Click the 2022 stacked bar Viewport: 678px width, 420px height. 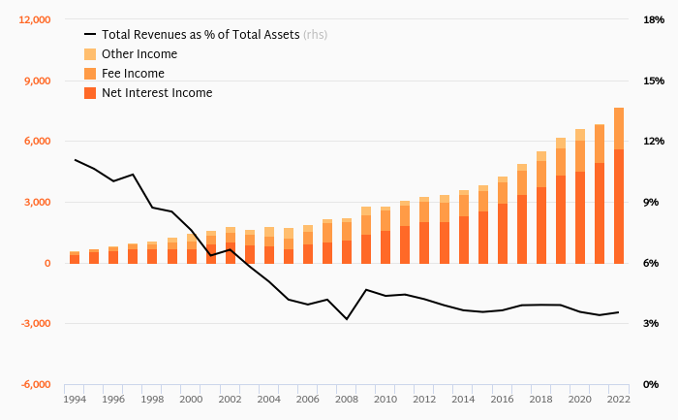[619, 185]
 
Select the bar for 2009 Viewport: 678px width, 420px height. [366, 235]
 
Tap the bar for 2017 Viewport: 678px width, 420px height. [522, 213]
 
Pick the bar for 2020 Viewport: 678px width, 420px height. [580, 196]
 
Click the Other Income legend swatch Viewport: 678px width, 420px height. [90, 54]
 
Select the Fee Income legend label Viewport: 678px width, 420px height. [133, 74]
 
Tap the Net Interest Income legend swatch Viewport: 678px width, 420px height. [90, 93]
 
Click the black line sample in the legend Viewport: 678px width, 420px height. [90, 35]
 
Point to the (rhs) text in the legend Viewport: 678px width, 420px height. [315, 35]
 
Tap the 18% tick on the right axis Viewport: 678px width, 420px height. [653, 20]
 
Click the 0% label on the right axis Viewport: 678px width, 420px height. [653, 385]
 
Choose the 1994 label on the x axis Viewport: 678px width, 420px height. [75, 399]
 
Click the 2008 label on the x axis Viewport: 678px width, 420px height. [347, 399]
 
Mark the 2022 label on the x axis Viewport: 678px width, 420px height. [619, 399]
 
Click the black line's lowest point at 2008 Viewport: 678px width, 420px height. [347, 319]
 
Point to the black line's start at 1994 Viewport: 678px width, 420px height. [75, 160]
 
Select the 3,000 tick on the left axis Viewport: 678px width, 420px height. [37, 203]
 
